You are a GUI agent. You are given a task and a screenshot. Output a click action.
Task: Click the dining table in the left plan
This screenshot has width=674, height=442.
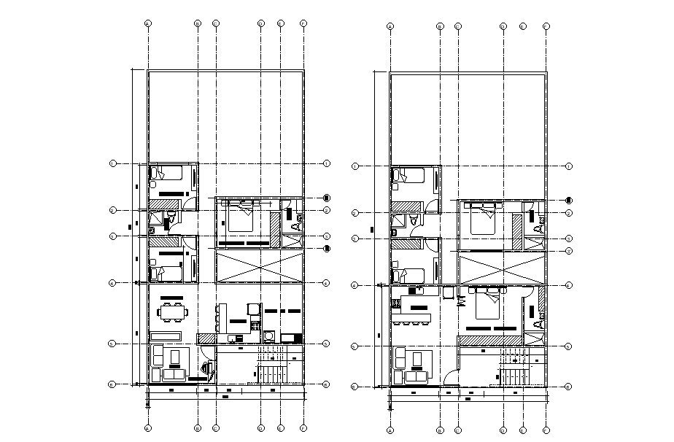(x=174, y=313)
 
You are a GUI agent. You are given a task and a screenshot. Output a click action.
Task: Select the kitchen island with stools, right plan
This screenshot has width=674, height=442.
(x=411, y=319)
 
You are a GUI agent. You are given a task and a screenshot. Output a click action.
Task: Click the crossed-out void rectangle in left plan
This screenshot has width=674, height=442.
(x=259, y=266)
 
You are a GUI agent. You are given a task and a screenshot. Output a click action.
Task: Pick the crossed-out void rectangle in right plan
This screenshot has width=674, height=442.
(x=502, y=268)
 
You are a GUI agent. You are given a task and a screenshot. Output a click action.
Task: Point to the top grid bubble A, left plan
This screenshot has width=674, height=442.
(x=148, y=23)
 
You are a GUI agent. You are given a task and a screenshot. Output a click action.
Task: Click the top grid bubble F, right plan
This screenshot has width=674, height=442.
(x=546, y=26)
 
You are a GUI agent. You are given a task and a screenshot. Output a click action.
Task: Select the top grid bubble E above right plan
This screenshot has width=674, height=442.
(x=523, y=26)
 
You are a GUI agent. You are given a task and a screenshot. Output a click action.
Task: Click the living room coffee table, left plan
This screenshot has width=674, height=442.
(x=175, y=357)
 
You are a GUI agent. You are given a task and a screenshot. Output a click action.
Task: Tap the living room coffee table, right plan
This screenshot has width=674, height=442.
(x=417, y=360)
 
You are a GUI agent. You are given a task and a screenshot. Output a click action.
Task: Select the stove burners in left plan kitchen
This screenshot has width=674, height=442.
(x=255, y=323)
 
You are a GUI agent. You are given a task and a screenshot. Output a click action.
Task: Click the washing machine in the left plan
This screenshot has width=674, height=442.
(x=270, y=336)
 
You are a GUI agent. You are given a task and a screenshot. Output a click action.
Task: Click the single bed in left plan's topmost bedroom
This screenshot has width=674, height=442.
(x=167, y=174)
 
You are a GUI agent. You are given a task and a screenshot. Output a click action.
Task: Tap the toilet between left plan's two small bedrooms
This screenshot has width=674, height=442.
(x=172, y=217)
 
